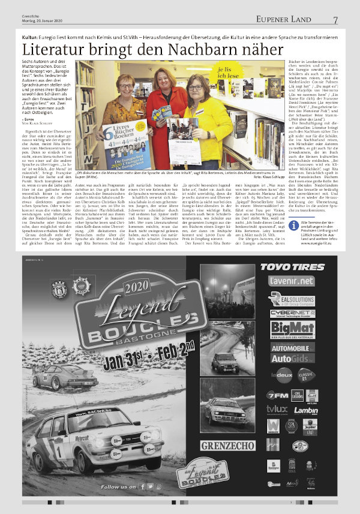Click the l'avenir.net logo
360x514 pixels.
coord(291,281)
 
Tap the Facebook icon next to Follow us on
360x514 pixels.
coord(142,486)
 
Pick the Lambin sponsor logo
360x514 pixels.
coord(306,410)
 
